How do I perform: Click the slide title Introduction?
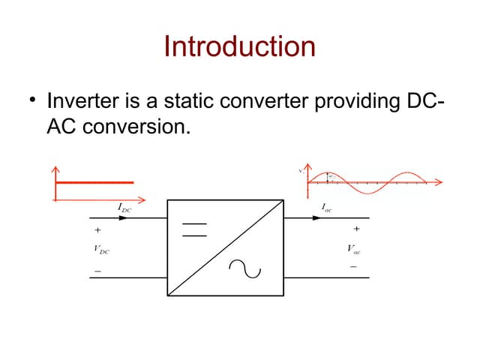240,46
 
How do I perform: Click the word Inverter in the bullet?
77,100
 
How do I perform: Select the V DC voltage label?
101,249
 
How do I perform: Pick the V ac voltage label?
352,248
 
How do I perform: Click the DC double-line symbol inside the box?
194,229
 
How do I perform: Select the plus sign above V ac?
356,229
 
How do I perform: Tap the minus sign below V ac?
353,266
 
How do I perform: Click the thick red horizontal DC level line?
94,182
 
